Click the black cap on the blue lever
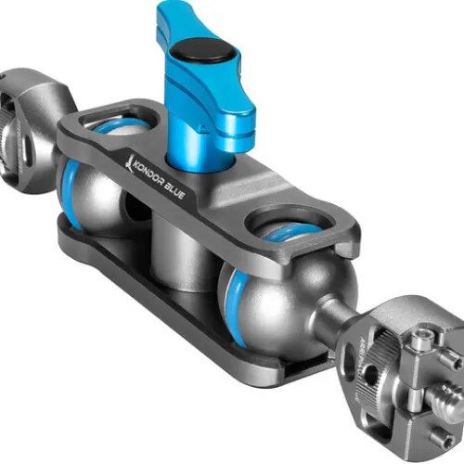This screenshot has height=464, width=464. tap(203, 52)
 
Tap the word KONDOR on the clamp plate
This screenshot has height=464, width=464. tap(148, 173)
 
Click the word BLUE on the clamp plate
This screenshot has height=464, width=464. tap(174, 191)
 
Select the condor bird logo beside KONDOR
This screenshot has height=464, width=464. tap(129, 161)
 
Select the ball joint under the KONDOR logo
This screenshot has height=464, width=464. tap(93, 195)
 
